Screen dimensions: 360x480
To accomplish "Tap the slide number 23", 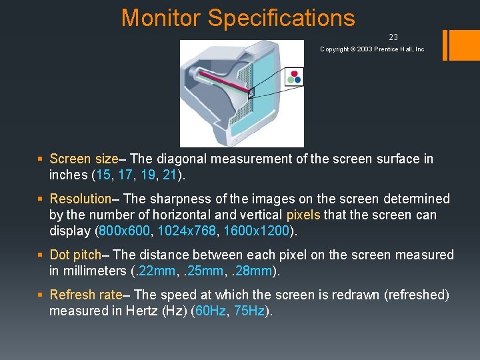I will [393, 37].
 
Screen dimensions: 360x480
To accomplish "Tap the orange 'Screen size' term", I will [83, 159].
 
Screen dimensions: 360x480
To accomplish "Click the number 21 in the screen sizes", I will [169, 175].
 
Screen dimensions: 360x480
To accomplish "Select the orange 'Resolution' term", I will [80, 199].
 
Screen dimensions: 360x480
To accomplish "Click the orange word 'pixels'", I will [303, 215].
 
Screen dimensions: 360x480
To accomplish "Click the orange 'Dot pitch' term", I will [75, 255].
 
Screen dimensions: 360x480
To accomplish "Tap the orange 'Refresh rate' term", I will [85, 295].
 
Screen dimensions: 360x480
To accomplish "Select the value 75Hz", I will [249, 311].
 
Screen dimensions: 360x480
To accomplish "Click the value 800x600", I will [118, 231].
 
